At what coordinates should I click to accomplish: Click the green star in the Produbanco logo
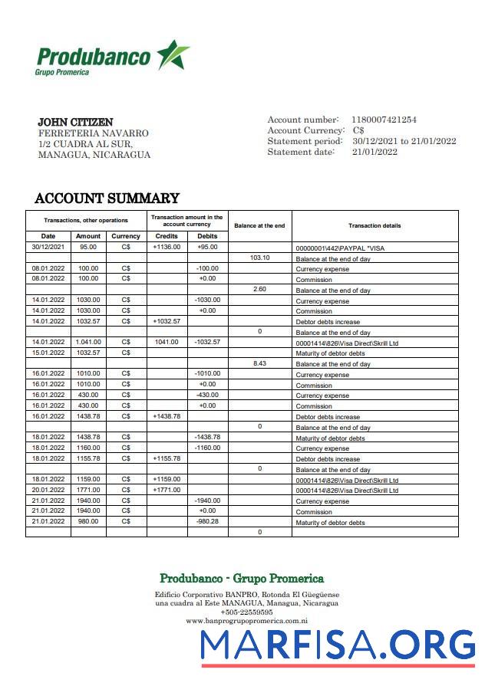click(173, 55)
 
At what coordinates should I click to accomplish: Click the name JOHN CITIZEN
click(75, 122)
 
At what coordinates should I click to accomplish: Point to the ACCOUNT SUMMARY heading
click(107, 199)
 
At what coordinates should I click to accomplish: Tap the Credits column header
click(167, 236)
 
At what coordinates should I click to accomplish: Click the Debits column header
click(207, 236)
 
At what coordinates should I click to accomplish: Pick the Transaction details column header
click(374, 225)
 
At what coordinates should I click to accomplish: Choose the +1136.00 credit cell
click(167, 248)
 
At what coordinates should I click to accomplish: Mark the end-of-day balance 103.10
click(260, 258)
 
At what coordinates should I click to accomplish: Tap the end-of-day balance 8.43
click(260, 363)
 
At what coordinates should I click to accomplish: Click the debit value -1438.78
click(207, 437)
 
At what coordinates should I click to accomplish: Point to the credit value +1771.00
click(167, 490)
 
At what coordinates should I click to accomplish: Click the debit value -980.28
click(207, 521)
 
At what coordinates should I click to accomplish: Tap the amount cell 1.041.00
click(88, 342)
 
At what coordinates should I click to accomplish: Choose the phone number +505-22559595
click(246, 612)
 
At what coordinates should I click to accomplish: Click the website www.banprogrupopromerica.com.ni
click(246, 622)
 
